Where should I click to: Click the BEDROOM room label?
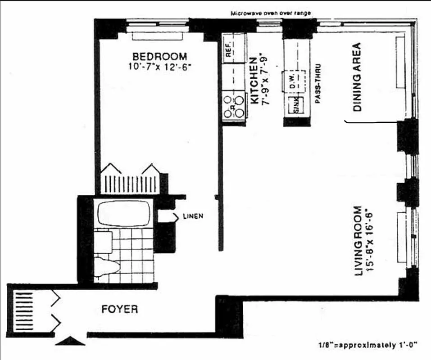(159, 57)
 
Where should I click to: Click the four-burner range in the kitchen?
(233, 105)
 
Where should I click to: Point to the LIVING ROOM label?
(358, 241)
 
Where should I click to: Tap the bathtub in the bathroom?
(123, 213)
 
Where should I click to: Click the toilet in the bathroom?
(107, 265)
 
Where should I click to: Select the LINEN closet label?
(193, 216)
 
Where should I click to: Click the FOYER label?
(119, 310)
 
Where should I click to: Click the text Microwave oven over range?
(271, 13)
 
